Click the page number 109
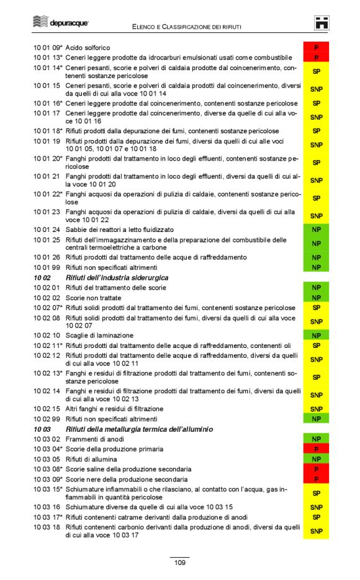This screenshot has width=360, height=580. click(x=179, y=563)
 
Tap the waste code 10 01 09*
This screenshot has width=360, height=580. click(x=48, y=48)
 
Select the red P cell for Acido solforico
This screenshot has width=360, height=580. click(x=316, y=48)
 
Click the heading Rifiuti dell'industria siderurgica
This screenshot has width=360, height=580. click(x=117, y=278)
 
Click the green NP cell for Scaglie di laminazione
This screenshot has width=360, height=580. click(x=316, y=336)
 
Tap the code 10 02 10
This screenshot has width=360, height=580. click(x=47, y=336)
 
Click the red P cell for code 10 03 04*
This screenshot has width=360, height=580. click(x=316, y=449)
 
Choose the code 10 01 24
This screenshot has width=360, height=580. click(x=47, y=230)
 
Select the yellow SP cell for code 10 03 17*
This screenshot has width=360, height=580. click(x=316, y=517)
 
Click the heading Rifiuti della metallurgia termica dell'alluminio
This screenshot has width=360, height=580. click(x=138, y=429)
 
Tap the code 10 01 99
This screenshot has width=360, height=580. click(x=47, y=267)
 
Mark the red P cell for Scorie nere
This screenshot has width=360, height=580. click(x=316, y=480)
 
